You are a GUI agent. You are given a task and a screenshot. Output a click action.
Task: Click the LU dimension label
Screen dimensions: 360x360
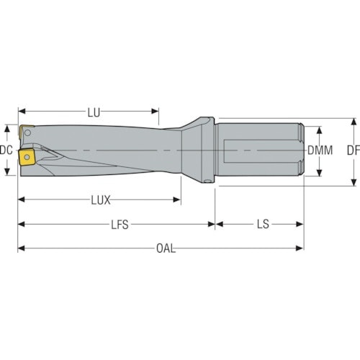pyautogui.click(x=94, y=112)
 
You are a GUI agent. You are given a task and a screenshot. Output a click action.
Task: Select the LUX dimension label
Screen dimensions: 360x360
pyautogui.click(x=101, y=200)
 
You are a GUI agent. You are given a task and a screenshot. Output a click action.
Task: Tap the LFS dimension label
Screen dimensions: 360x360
pyautogui.click(x=120, y=225)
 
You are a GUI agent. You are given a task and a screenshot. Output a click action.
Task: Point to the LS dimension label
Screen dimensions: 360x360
pyautogui.click(x=263, y=225)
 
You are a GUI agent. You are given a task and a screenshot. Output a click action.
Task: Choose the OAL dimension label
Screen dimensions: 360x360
pyautogui.click(x=166, y=248)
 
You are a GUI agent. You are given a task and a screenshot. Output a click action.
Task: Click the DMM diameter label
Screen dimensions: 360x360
pyautogui.click(x=320, y=150)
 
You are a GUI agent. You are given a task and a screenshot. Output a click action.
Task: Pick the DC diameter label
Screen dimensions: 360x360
pyautogui.click(x=6, y=150)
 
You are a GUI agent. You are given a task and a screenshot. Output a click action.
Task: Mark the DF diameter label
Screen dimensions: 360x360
pyautogui.click(x=354, y=150)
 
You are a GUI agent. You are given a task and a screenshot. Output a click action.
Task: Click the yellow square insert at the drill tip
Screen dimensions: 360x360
pyautogui.click(x=27, y=157)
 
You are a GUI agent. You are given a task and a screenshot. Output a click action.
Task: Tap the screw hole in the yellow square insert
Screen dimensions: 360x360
pyautogui.click(x=27, y=157)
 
